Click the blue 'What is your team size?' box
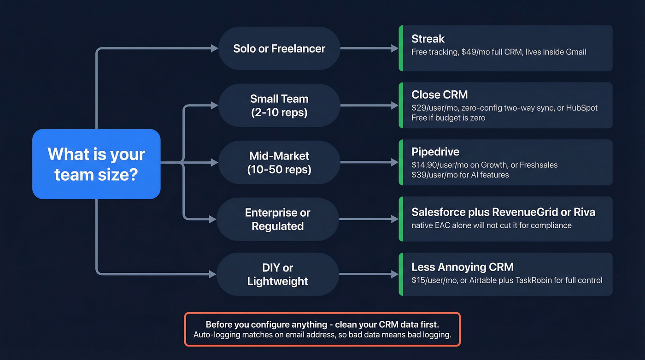(96, 164)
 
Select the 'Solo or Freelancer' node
(279, 48)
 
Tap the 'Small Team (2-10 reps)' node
(279, 106)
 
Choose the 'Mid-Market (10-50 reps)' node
(279, 163)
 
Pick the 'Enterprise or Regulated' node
(277, 219)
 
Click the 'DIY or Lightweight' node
(277, 275)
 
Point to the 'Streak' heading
(428, 39)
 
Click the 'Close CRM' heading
(440, 95)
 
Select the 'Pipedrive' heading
(435, 152)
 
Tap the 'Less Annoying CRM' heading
(462, 267)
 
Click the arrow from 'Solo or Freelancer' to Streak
(369, 48)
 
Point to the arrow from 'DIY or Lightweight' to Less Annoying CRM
(369, 275)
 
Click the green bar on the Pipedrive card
(401, 162)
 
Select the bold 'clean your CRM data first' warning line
(322, 324)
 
